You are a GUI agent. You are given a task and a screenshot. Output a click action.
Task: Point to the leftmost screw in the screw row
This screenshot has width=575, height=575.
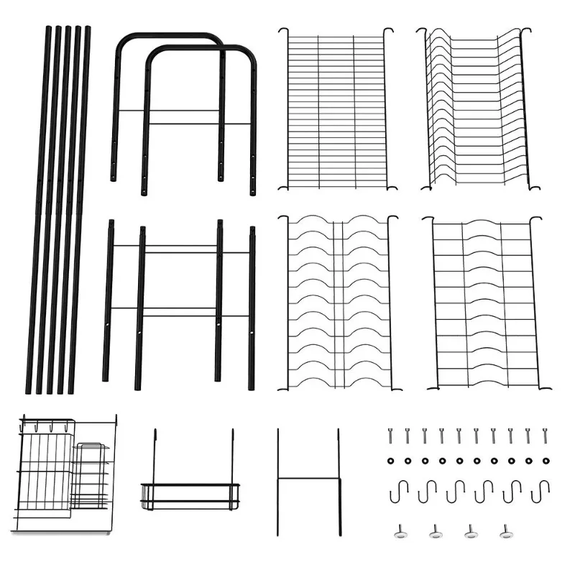[390, 436]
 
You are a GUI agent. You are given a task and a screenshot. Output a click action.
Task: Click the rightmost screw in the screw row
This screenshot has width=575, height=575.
[545, 436]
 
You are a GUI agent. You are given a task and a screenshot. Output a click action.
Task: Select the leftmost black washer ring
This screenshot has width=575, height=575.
[390, 461]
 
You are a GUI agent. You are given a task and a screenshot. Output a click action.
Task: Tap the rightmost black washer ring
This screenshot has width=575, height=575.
[545, 461]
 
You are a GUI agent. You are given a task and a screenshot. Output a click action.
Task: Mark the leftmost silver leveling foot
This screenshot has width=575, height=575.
[400, 531]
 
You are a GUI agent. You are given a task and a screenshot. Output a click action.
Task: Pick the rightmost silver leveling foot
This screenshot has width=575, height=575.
[505, 531]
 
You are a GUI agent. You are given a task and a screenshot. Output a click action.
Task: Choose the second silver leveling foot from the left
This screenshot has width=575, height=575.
[436, 531]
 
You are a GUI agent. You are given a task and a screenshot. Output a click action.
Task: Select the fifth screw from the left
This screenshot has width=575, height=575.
[459, 436]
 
